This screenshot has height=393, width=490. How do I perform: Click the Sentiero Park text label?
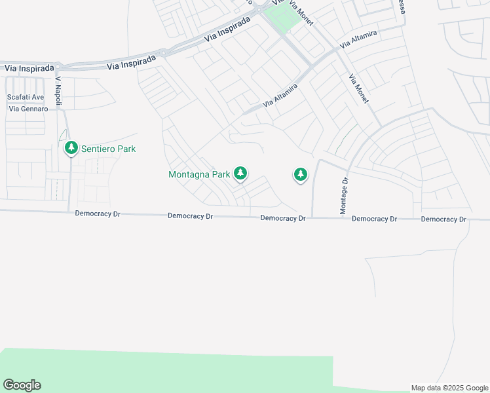(108, 149)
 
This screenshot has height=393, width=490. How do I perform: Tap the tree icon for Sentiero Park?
(71, 149)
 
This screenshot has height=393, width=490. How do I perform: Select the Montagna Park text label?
(199, 174)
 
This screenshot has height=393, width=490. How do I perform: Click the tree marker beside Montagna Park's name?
(241, 174)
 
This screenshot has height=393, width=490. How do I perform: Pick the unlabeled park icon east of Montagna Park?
(300, 174)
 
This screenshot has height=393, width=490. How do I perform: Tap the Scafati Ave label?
(26, 97)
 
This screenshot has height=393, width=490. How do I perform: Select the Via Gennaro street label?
(28, 108)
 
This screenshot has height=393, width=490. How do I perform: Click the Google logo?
(22, 384)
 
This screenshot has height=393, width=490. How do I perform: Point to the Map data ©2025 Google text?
(449, 388)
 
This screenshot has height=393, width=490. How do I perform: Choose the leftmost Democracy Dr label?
(98, 214)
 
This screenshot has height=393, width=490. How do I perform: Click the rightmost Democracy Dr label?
(443, 219)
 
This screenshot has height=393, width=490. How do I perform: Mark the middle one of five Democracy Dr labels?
(283, 217)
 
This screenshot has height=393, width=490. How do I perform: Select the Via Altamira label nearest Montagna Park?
(280, 96)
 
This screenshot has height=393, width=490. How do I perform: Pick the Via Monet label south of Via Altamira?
(358, 89)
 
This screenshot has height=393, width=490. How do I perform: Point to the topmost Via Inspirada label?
(227, 29)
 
